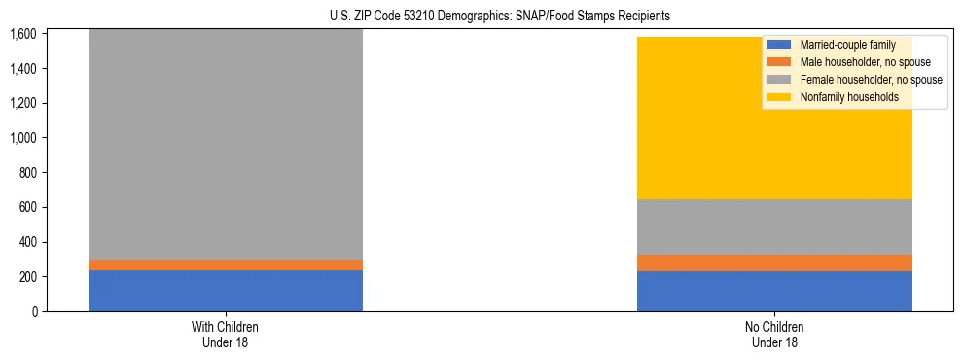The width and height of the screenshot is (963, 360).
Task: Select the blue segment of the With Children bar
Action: [226, 291]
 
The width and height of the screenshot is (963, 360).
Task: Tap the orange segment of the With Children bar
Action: [226, 265]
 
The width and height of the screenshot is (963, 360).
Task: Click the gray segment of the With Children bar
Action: [226, 146]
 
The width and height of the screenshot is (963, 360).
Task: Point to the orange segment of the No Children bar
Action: [774, 263]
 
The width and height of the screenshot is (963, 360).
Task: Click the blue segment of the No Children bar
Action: [774, 291]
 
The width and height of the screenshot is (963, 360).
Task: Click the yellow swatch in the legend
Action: [779, 97]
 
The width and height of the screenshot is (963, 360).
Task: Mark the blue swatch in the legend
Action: [779, 45]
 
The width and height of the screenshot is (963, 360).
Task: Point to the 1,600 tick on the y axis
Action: [23, 34]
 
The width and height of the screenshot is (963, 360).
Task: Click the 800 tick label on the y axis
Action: [27, 173]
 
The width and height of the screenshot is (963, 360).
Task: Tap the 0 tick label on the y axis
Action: [34, 312]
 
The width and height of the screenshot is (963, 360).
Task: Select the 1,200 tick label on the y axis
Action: [23, 104]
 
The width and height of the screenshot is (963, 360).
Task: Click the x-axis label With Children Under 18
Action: [226, 335]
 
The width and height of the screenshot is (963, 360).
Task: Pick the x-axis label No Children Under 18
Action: [774, 335]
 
